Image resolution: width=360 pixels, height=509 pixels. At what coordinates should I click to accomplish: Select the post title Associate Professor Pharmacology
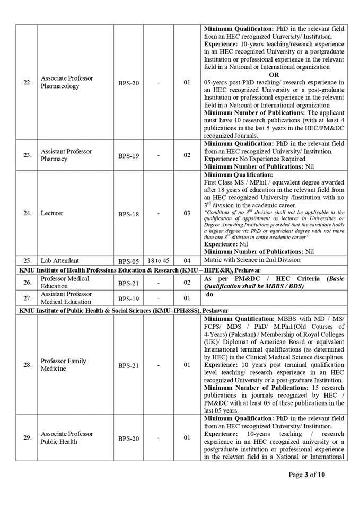pos(67,82)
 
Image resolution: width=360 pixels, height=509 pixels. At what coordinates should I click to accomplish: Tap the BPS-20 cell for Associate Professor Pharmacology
pos(128,83)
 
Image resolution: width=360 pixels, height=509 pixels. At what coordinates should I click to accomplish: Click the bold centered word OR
pos(274,75)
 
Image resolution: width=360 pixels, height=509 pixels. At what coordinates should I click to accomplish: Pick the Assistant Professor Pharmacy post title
pos(66,155)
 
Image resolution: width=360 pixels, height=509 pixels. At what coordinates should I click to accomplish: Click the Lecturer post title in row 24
pos(52,213)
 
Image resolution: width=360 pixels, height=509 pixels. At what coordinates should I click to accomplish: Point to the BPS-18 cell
pos(128,214)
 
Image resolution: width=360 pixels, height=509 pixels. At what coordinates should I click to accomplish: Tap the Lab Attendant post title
pos(60,260)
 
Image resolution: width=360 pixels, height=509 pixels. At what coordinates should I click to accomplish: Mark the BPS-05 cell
pos(128,261)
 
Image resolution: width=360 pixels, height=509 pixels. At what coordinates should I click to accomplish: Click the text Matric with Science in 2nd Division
pos(252,260)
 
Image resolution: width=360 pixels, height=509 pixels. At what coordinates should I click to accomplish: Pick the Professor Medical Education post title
pos(65,282)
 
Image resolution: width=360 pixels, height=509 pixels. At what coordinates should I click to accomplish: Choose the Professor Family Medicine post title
pos(64,365)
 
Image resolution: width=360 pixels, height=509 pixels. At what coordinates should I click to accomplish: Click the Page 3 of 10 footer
pos(306,474)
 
